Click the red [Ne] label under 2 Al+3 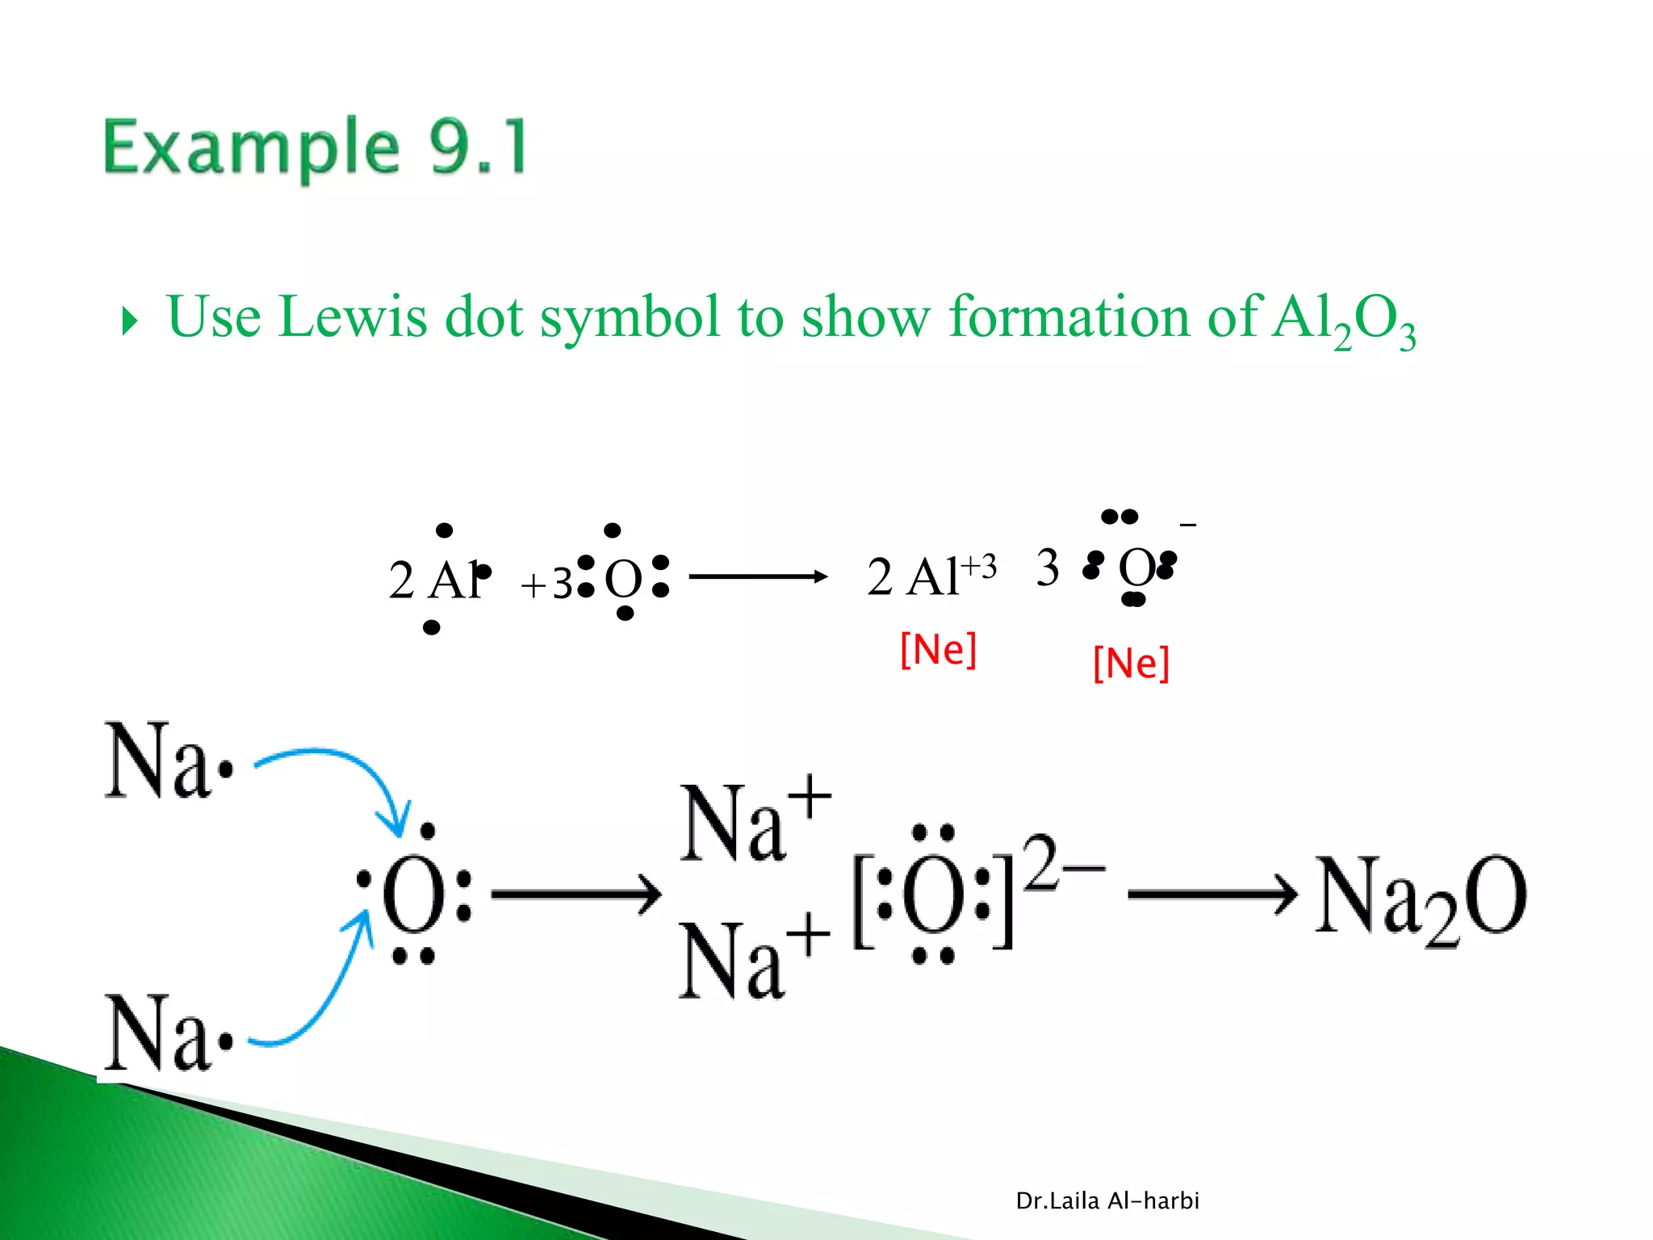pos(938,650)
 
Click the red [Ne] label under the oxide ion pos(1131,664)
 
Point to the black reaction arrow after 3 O pos(758,576)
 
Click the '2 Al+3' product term pos(931,576)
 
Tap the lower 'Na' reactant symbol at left pos(160,1033)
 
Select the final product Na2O pos(1421,898)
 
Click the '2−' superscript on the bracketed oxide pos(1062,862)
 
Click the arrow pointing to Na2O pos(1211,894)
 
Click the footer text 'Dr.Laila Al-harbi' pos(1107,1201)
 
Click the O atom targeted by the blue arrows pos(413,894)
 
